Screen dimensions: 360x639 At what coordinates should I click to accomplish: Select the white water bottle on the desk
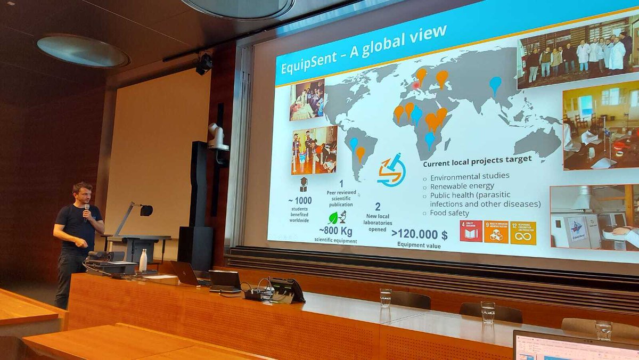pos(143,260)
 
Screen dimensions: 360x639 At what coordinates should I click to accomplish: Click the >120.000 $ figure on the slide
pos(420,234)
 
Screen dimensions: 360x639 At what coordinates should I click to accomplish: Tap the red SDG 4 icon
pos(471,231)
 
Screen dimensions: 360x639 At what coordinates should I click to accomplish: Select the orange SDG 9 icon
pos(496,232)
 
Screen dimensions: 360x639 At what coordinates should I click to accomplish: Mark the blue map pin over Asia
pos(495,84)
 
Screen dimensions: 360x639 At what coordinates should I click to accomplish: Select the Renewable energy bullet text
pos(462,186)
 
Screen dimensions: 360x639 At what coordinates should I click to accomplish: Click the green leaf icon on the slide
pos(334,218)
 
